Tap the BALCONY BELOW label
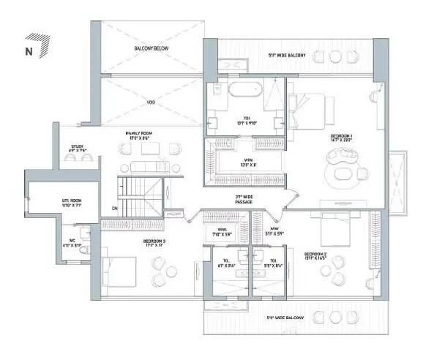pos(151,48)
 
